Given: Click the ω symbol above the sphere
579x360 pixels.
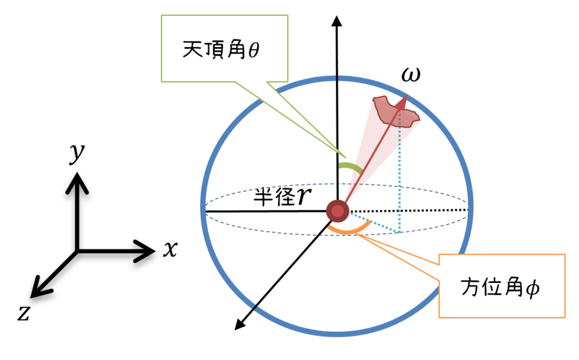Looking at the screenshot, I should point(411,76).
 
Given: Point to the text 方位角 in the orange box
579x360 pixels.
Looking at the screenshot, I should point(491,288).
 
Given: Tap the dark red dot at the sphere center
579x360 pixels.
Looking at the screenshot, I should point(338,210).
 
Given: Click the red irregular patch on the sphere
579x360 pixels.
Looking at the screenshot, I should point(396,111).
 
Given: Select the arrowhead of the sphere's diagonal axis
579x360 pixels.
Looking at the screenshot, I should point(239,324).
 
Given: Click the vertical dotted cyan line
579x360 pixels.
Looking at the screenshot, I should point(400,176).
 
